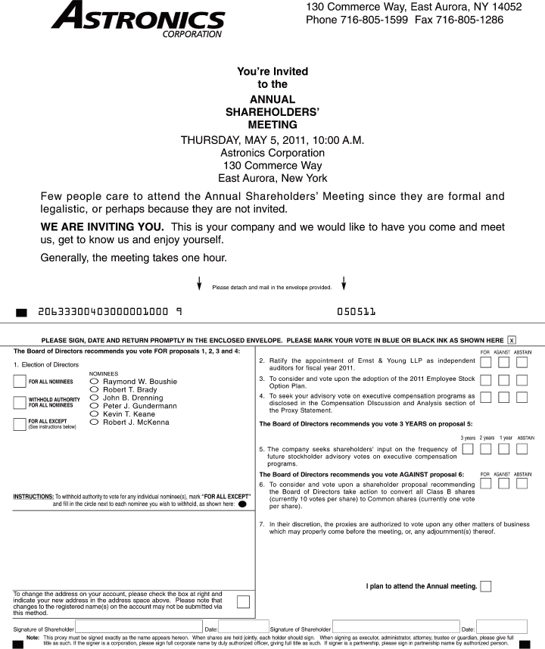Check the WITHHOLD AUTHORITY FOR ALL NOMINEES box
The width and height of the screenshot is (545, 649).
coord(20,402)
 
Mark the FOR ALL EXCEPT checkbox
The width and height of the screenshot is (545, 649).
coord(20,423)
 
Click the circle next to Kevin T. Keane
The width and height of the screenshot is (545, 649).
coord(95,414)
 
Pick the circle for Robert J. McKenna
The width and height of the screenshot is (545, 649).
coord(95,423)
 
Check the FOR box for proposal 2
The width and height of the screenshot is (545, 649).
coord(485,362)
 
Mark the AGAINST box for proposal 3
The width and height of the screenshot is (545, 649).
coord(503,379)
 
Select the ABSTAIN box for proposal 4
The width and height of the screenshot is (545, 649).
coord(522,398)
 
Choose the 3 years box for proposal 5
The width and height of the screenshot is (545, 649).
coord(467,449)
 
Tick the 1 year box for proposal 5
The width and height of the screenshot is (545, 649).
coord(503,449)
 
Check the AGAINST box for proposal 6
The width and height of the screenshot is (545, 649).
coord(503,483)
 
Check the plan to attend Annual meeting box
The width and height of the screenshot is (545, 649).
coord(485,585)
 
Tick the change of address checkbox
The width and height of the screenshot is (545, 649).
coord(243,601)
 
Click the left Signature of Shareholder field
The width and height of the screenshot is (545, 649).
coord(139,627)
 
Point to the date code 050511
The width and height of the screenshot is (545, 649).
coord(356,311)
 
